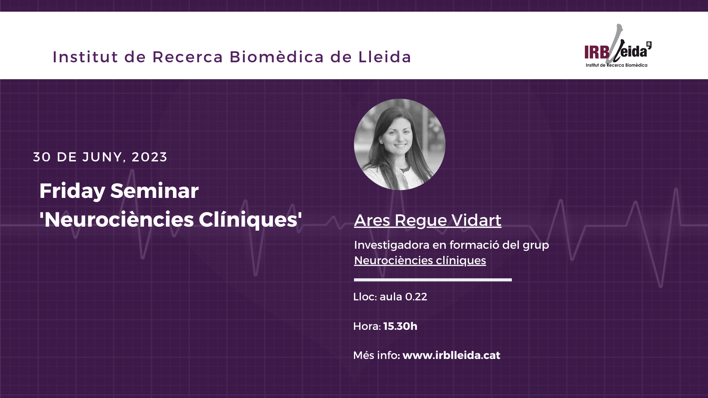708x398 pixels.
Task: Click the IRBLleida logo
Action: (x=618, y=46)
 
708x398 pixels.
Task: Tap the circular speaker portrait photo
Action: (x=400, y=144)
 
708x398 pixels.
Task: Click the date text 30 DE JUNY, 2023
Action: (x=100, y=157)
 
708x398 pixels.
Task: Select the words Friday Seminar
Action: (x=119, y=191)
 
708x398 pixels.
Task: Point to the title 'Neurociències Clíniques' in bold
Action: (x=171, y=220)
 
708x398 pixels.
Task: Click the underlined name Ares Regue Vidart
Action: (x=428, y=220)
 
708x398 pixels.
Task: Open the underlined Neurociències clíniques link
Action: (x=420, y=261)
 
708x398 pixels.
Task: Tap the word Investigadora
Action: (x=392, y=245)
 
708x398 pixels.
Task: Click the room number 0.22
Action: (x=416, y=297)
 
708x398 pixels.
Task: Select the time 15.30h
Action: (x=400, y=326)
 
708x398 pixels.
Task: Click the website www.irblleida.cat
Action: (x=451, y=355)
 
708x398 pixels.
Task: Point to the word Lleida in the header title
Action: (x=385, y=57)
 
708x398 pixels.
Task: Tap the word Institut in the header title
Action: (x=86, y=57)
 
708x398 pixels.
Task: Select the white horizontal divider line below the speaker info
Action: (x=433, y=280)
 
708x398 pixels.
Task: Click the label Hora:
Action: (x=367, y=326)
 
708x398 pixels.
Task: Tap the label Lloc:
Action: (x=365, y=297)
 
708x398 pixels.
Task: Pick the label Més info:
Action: (x=376, y=355)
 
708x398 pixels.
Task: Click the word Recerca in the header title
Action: (x=188, y=57)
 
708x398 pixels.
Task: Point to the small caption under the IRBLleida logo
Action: (x=617, y=65)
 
